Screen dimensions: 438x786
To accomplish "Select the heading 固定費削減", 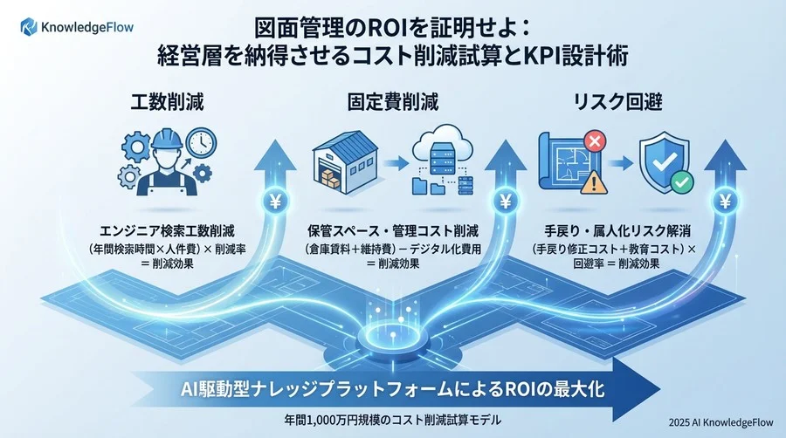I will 393,101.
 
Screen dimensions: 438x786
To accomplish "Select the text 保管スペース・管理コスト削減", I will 393,231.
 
